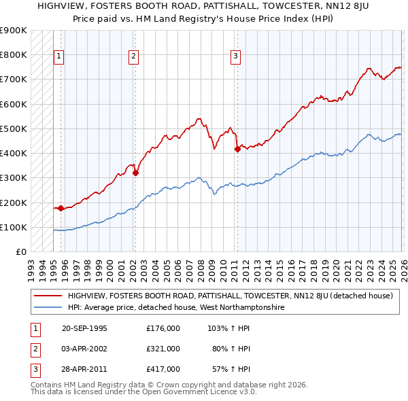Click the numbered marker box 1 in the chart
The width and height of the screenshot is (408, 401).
pos(59,56)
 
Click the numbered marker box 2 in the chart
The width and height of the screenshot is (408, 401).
pos(133,56)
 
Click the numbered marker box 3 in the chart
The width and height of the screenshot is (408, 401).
pos(235,56)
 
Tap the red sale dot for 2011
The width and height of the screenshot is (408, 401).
pos(237,149)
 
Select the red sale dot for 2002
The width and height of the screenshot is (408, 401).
pos(135,173)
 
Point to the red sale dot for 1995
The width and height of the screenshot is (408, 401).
pos(61,209)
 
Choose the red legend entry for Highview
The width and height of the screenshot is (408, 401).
pos(230,296)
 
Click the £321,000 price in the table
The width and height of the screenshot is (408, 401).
pos(163,349)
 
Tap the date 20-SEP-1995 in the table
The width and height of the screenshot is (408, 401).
pos(84,328)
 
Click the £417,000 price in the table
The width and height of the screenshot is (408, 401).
pos(163,369)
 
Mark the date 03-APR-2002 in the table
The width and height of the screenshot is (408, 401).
pos(84,349)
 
